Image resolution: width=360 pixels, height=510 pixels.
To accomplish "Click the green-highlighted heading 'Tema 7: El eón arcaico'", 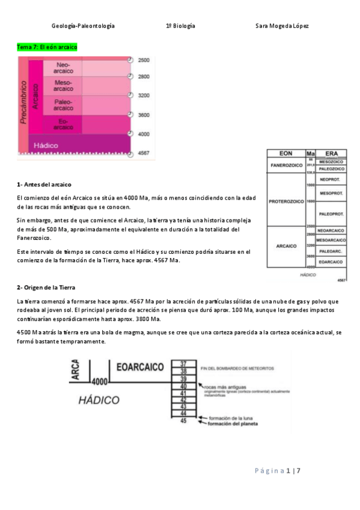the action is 47,47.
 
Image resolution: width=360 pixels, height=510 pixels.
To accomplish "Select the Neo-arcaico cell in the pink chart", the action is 63,68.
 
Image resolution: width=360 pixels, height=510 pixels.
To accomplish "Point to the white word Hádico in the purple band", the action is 46,146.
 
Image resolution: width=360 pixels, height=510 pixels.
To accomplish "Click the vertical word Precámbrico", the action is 23,102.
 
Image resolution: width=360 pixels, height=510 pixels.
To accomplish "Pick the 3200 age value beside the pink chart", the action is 144,96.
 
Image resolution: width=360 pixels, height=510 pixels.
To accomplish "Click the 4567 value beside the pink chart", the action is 144,153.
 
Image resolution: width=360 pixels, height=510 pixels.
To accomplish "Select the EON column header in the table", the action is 285,153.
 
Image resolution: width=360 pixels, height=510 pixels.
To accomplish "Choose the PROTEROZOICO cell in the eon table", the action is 285,201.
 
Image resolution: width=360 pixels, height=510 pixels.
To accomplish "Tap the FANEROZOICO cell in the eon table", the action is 285,165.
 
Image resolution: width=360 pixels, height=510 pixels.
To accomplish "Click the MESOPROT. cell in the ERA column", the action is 331,193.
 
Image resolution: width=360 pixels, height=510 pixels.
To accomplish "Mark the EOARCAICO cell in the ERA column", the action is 331,262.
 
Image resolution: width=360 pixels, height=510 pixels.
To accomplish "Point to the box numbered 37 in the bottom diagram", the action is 183,364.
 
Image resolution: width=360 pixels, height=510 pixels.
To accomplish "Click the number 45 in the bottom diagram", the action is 183,420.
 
